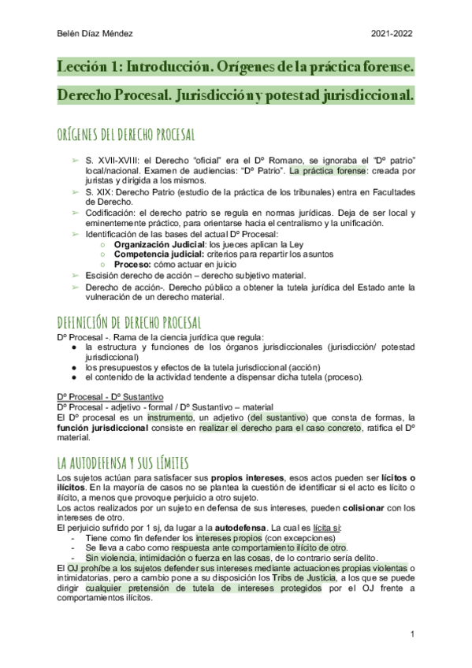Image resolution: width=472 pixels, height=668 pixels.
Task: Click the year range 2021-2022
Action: click(x=391, y=33)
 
